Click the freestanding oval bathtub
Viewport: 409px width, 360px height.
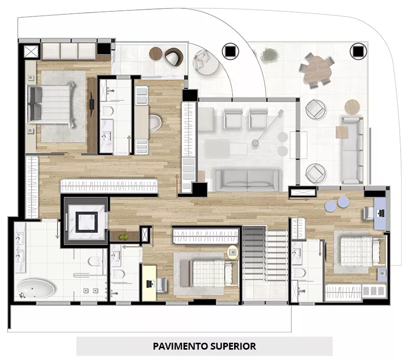point(35,288)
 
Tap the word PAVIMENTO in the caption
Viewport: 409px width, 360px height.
point(180,346)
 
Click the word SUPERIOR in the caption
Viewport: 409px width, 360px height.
point(234,346)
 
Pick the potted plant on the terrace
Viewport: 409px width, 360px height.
point(270,55)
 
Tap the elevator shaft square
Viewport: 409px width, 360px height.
point(86,221)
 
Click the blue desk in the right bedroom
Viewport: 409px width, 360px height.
point(380,213)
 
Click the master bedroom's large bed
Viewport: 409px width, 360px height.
point(52,104)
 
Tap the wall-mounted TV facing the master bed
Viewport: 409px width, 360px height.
point(92,104)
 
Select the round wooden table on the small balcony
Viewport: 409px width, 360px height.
point(156,53)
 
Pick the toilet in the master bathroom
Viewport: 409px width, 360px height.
point(94,261)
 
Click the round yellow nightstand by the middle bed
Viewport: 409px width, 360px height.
point(233,252)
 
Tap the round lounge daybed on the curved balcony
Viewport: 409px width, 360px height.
point(206,63)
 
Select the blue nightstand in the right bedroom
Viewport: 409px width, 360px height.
point(382,274)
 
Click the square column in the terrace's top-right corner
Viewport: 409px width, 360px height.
point(358,51)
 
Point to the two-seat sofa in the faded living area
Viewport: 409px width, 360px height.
point(247,180)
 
